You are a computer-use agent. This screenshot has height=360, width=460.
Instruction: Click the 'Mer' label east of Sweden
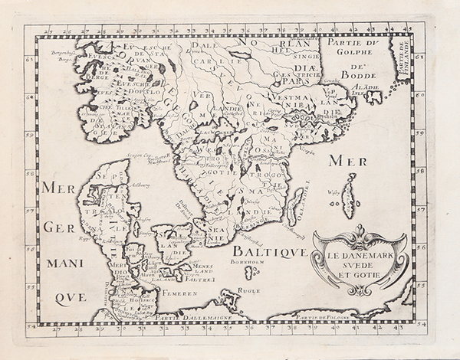click(340, 161)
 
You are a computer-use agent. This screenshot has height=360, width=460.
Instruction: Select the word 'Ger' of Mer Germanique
click(60, 227)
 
